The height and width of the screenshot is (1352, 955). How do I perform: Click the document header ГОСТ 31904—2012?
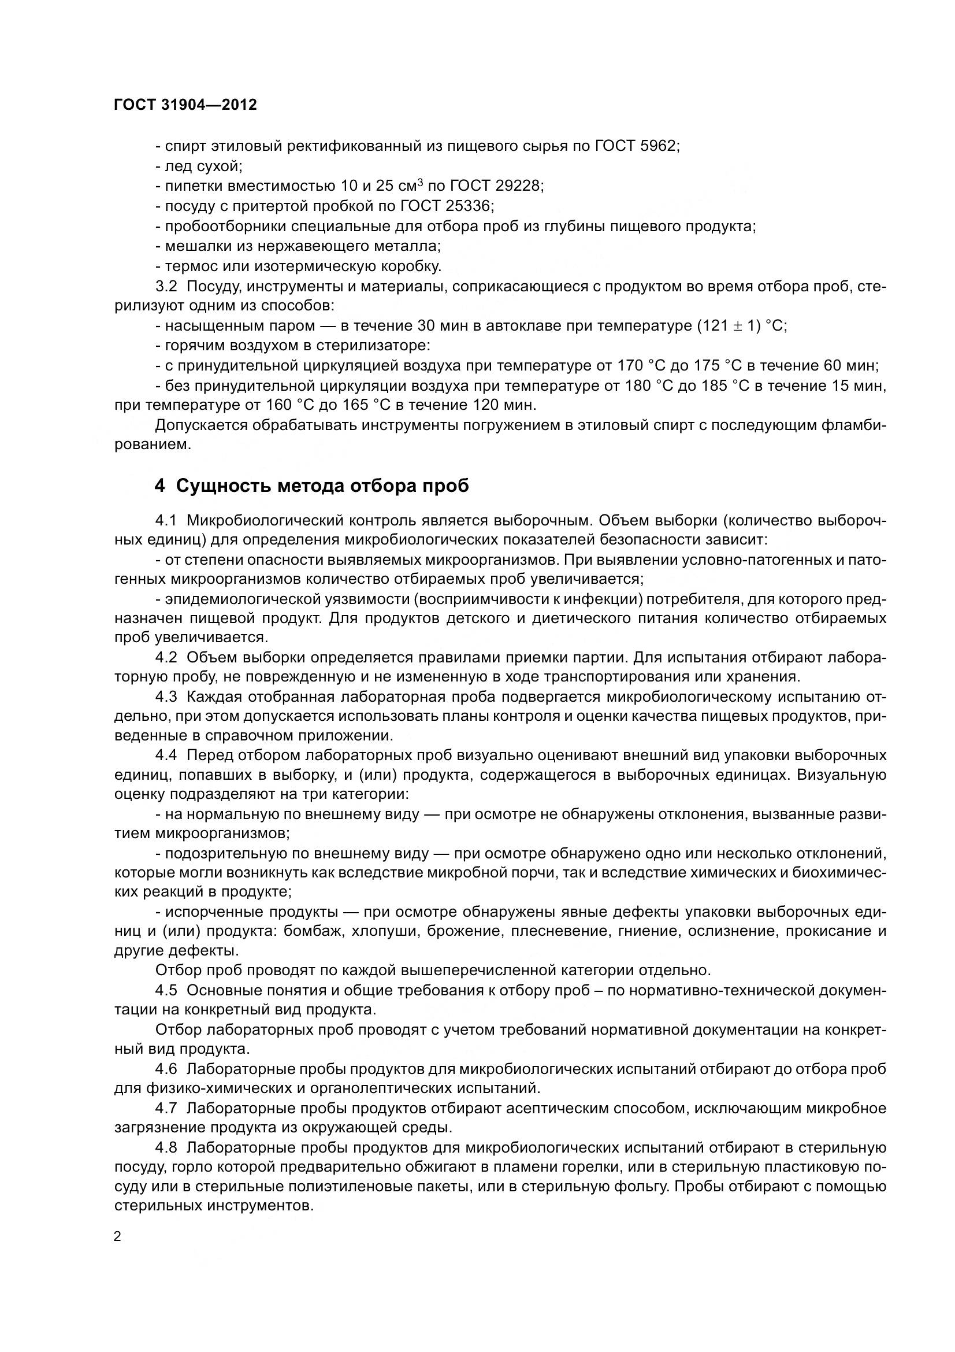[185, 105]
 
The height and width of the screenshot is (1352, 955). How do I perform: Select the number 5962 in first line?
[658, 146]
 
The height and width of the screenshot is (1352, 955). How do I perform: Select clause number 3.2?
[166, 286]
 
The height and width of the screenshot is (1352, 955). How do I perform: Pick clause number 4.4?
[166, 755]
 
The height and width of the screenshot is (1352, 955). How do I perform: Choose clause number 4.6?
[166, 1069]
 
